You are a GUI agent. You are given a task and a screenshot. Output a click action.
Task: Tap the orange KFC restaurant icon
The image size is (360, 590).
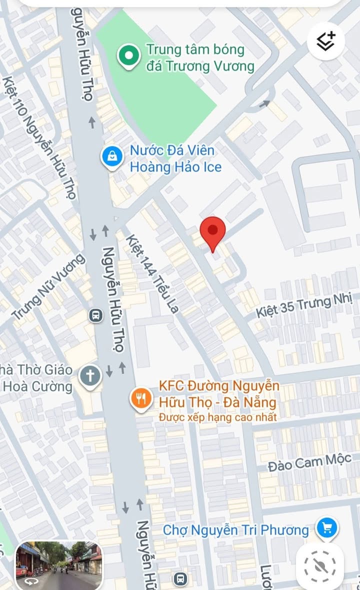tap(141, 398)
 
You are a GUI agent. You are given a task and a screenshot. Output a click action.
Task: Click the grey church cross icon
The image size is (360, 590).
tap(90, 375)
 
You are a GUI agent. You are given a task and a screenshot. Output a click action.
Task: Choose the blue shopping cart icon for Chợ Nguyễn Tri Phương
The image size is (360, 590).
tap(327, 527)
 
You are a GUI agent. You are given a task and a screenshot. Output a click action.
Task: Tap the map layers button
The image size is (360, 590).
tap(325, 40)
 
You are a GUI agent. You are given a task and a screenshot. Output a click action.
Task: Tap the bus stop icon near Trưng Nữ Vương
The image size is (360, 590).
tap(95, 315)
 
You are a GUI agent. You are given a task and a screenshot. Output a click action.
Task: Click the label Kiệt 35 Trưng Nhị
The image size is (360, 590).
tap(305, 306)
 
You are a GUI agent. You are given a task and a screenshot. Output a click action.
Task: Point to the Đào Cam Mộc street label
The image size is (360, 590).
tap(309, 463)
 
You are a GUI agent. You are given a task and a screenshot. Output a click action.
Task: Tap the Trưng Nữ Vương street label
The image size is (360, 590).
tap(48, 287)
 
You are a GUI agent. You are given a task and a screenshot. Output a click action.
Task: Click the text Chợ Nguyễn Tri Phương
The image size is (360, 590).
tap(236, 529)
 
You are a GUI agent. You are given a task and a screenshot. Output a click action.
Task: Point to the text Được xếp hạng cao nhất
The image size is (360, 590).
tap(218, 417)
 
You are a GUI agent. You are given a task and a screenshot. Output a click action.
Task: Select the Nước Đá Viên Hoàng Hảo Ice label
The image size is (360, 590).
tap(175, 158)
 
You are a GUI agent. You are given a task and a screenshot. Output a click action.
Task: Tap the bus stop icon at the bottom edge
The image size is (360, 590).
tap(180, 579)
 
